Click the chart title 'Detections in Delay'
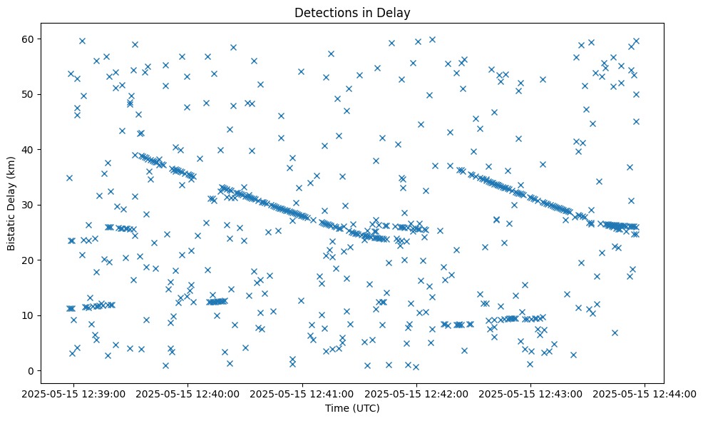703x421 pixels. pos(352,13)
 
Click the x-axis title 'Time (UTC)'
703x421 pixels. pos(352,408)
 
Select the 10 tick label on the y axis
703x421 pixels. pos(30,315)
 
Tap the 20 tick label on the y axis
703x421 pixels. pos(30,260)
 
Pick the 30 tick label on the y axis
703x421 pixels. pos(30,205)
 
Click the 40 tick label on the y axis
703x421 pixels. pos(30,150)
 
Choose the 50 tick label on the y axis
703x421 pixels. pos(30,94)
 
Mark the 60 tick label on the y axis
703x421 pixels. pos(30,39)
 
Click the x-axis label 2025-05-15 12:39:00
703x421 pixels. pos(74,393)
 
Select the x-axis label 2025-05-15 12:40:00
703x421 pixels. pos(188,393)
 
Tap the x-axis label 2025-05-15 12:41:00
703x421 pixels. pos(303,393)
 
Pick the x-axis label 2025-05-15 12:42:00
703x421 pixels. pos(417,393)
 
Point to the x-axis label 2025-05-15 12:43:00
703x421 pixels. pos(530,393)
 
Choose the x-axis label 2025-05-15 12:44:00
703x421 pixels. pos(645,393)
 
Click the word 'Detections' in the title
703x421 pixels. pos(322,13)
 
